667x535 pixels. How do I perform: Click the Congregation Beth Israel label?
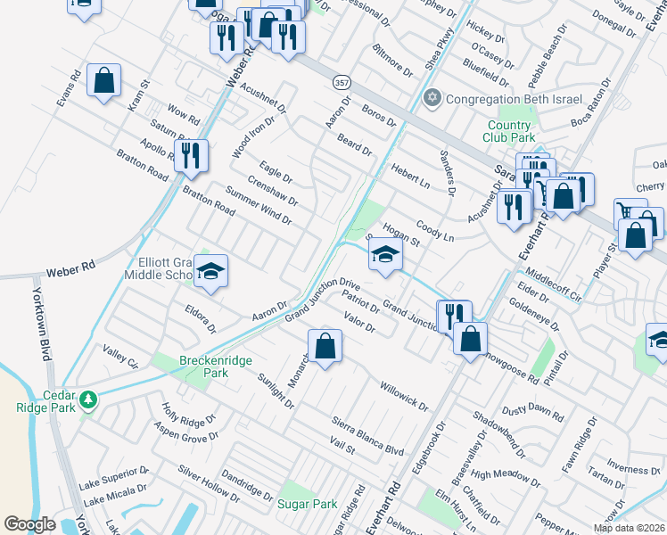pos(515,99)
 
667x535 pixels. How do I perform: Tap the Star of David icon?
pos(433,98)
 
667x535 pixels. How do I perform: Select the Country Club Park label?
pos(510,132)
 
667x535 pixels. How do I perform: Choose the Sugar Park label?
pos(308,504)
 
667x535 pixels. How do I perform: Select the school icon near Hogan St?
pos(385,255)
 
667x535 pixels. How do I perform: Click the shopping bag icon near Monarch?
pos(325,347)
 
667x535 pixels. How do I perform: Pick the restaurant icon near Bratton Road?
pos(191,156)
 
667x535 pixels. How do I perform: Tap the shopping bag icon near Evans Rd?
pos(104,80)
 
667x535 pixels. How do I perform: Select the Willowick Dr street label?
pos(403,393)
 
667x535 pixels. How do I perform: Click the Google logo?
pos(29,524)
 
